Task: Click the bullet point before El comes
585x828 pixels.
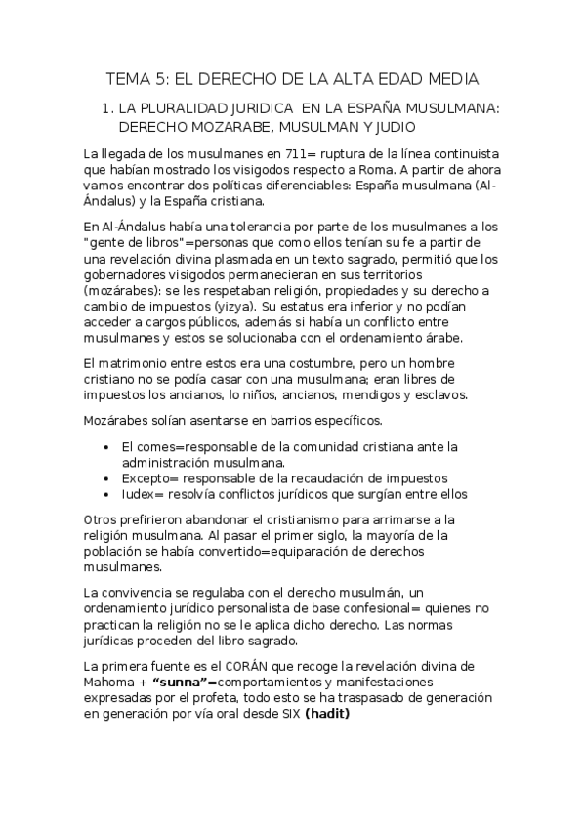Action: pyautogui.click(x=105, y=447)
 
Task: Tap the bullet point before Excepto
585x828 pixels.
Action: pyautogui.click(x=105, y=478)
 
